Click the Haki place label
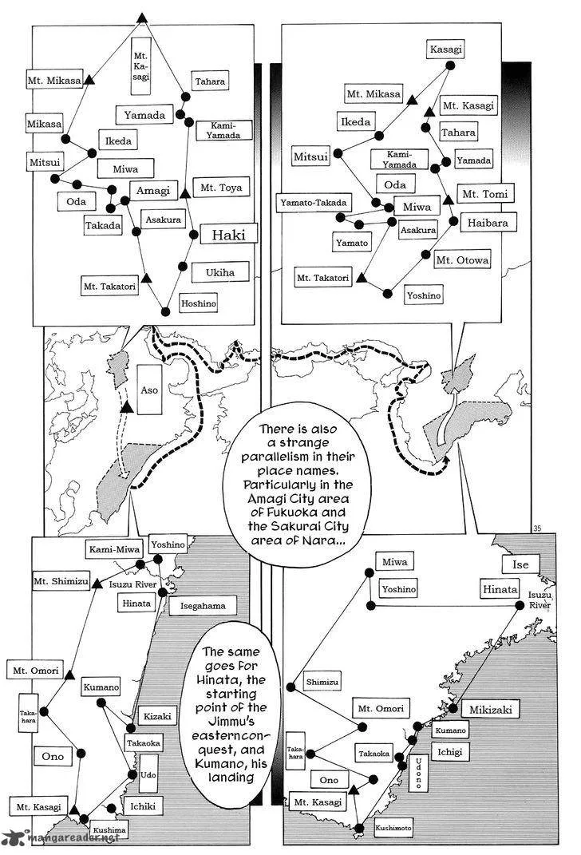(228, 235)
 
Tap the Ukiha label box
(219, 272)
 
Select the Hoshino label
(199, 303)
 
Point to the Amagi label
(153, 190)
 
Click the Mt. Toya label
(221, 188)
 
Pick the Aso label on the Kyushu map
(149, 390)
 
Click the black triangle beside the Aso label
(127, 407)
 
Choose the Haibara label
(488, 223)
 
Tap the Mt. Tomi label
(484, 193)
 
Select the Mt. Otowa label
(462, 260)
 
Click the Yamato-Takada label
(314, 202)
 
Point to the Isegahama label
(203, 605)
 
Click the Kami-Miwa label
(114, 549)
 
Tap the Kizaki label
(157, 716)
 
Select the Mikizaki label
(491, 710)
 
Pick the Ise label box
(520, 564)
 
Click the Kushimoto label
(393, 828)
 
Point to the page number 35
(537, 528)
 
